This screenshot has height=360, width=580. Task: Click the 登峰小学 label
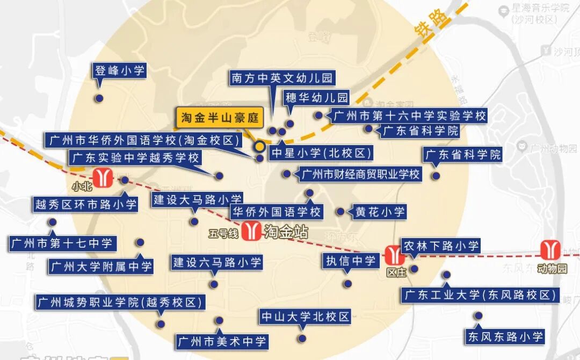(x=120, y=70)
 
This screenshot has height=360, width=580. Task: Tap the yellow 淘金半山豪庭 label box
(x=220, y=118)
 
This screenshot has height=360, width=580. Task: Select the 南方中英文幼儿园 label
(x=282, y=78)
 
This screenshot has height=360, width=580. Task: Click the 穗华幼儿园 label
(x=317, y=98)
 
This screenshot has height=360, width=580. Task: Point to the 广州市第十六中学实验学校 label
(x=409, y=116)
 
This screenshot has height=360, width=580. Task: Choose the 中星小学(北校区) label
(x=321, y=153)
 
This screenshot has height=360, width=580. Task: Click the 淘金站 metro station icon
(x=250, y=231)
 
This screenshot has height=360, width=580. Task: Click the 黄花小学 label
(x=380, y=212)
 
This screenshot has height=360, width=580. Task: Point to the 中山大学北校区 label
(x=305, y=316)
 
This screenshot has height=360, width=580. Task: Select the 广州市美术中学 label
(x=222, y=341)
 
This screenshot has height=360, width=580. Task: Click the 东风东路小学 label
(x=505, y=337)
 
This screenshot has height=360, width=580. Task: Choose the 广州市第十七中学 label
(x=62, y=243)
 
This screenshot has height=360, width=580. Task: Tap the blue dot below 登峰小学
(x=99, y=98)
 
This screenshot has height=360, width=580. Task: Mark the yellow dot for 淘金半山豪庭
(x=259, y=146)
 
